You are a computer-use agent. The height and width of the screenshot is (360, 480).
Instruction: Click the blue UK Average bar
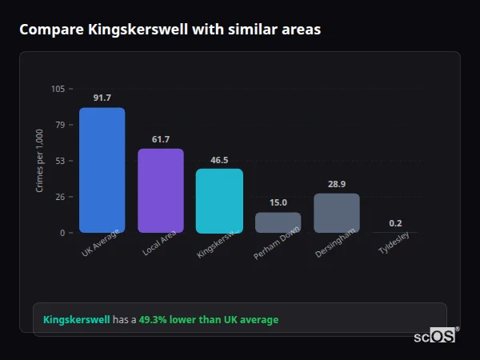[102, 170]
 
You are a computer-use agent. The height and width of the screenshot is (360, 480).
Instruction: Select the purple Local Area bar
[161, 190]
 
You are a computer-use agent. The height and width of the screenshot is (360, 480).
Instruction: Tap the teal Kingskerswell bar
[219, 201]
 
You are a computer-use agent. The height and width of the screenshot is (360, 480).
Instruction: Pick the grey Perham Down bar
[278, 222]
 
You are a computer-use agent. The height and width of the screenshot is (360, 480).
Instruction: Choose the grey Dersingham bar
[336, 213]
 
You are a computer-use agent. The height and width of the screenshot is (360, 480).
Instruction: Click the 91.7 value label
[102, 98]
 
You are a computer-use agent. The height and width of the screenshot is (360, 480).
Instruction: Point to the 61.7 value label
[161, 139]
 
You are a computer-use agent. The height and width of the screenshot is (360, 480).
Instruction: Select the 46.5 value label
[219, 159]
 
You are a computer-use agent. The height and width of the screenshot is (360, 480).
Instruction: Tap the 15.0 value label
[278, 202]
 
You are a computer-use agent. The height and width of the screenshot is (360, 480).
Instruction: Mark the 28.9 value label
[336, 184]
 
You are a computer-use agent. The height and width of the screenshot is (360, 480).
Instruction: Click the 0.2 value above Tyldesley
[395, 223]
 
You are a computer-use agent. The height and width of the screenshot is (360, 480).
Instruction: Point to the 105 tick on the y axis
[58, 89]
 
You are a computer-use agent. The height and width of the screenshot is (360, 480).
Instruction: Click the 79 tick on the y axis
[60, 125]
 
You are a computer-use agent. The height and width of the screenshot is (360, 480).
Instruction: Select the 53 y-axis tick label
[60, 161]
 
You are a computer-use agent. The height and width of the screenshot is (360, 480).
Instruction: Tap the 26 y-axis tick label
[60, 197]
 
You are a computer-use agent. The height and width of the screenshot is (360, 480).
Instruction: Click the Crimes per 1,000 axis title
[40, 161]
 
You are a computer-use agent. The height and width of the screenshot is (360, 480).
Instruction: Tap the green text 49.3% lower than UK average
[208, 320]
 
